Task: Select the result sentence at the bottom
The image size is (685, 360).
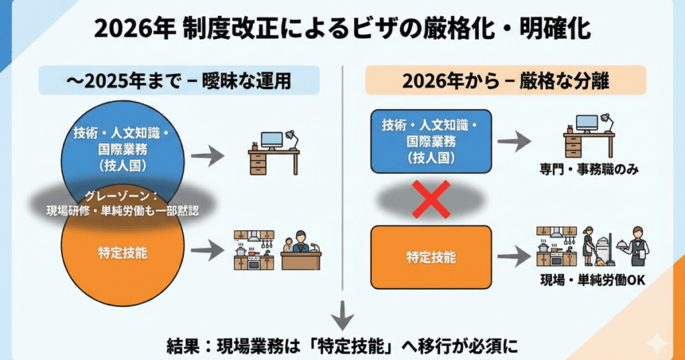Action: (342, 346)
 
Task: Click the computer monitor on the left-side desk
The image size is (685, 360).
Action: (272, 139)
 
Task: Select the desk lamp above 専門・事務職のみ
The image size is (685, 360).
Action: (605, 120)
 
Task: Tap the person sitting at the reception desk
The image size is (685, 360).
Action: (299, 242)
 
